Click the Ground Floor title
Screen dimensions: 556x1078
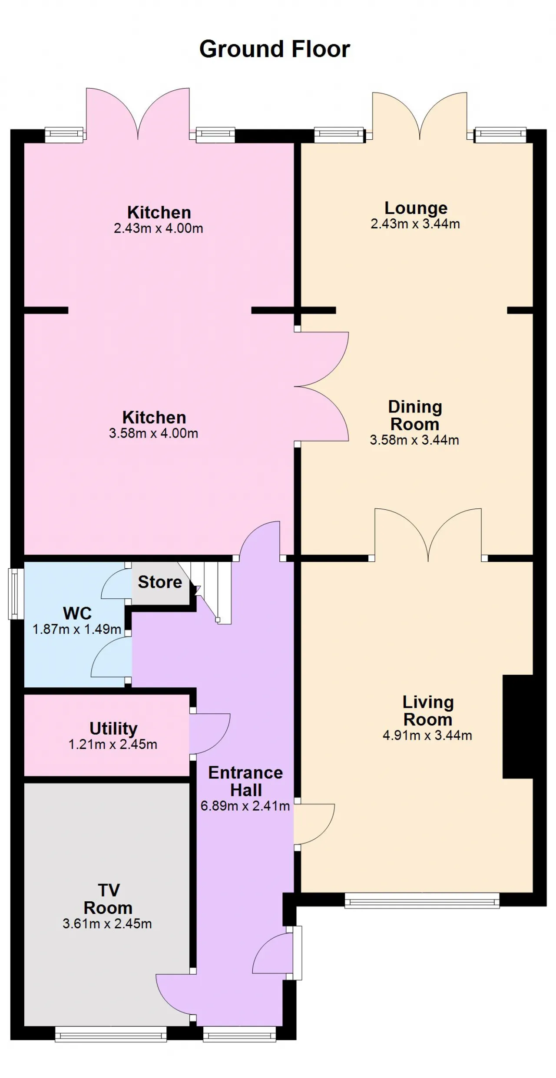pyautogui.click(x=275, y=49)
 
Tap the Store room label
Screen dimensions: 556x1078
pyautogui.click(x=160, y=582)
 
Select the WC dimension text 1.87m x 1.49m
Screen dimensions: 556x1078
pyautogui.click(x=77, y=629)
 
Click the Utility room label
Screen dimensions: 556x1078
pyautogui.click(x=113, y=729)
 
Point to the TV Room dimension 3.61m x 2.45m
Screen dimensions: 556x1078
pyautogui.click(x=107, y=923)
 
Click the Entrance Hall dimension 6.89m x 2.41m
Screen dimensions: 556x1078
pyautogui.click(x=245, y=806)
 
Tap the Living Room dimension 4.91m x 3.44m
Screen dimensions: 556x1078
pyautogui.click(x=427, y=735)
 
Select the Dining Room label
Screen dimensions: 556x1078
pyautogui.click(x=415, y=415)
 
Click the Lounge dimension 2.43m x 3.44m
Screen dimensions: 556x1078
pyautogui.click(x=415, y=224)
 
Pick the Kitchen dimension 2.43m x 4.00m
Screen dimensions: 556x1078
pyautogui.click(x=159, y=228)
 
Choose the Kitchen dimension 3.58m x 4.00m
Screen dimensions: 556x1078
pyautogui.click(x=154, y=433)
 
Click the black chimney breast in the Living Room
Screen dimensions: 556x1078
pyautogui.click(x=518, y=727)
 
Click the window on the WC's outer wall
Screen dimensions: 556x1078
pyautogui.click(x=17, y=593)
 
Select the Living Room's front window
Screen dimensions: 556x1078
pyautogui.click(x=422, y=900)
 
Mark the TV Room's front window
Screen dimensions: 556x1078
pyautogui.click(x=111, y=1034)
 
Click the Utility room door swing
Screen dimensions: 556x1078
pyautogui.click(x=209, y=734)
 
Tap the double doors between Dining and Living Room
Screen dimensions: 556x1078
pyautogui.click(x=428, y=534)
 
